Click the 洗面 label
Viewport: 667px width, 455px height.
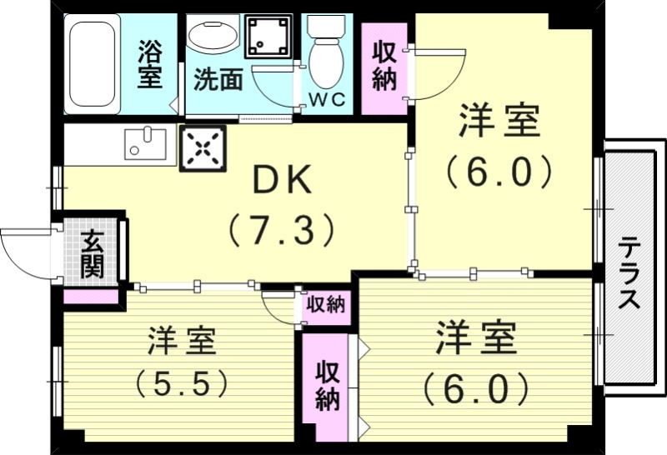click(218, 79)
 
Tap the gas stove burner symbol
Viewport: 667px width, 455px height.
click(203, 150)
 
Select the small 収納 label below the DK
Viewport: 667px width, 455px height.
click(324, 305)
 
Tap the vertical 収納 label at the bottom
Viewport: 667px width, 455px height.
click(327, 385)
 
